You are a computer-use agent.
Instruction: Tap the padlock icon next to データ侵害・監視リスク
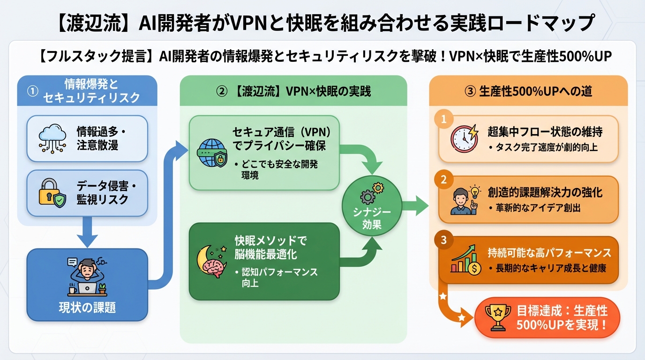coord(51,193)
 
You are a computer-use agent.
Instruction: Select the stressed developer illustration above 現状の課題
coord(87,276)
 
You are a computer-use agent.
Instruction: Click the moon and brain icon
coord(211,261)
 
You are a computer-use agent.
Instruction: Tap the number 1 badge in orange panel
coord(443,119)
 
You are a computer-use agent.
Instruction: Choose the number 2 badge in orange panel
coord(443,179)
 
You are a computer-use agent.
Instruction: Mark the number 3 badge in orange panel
coord(443,240)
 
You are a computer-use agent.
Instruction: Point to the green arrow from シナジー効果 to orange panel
coord(416,205)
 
